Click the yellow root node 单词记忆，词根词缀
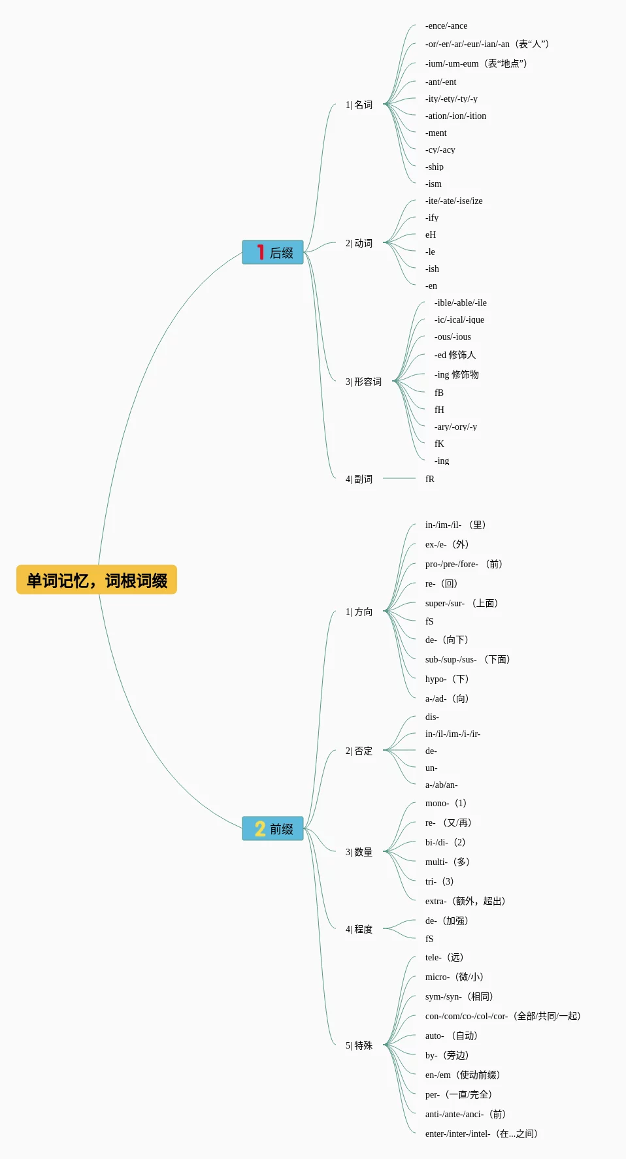pyautogui.click(x=97, y=580)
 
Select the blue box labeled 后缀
pyautogui.click(x=273, y=252)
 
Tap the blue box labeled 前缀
pyautogui.click(x=273, y=828)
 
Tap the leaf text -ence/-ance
pyautogui.click(x=446, y=26)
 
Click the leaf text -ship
pyautogui.click(x=435, y=167)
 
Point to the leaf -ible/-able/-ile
pyautogui.click(x=461, y=302)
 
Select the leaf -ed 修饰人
pyautogui.click(x=455, y=355)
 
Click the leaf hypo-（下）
pyautogui.click(x=448, y=679)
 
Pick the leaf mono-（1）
pyautogui.click(x=446, y=803)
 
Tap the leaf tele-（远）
pyautogui.click(x=445, y=957)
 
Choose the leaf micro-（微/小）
pyautogui.click(x=455, y=977)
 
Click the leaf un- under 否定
pyautogui.click(x=431, y=768)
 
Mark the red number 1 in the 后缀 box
pyautogui.click(x=260, y=252)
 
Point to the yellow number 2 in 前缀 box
pyautogui.click(x=260, y=828)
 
